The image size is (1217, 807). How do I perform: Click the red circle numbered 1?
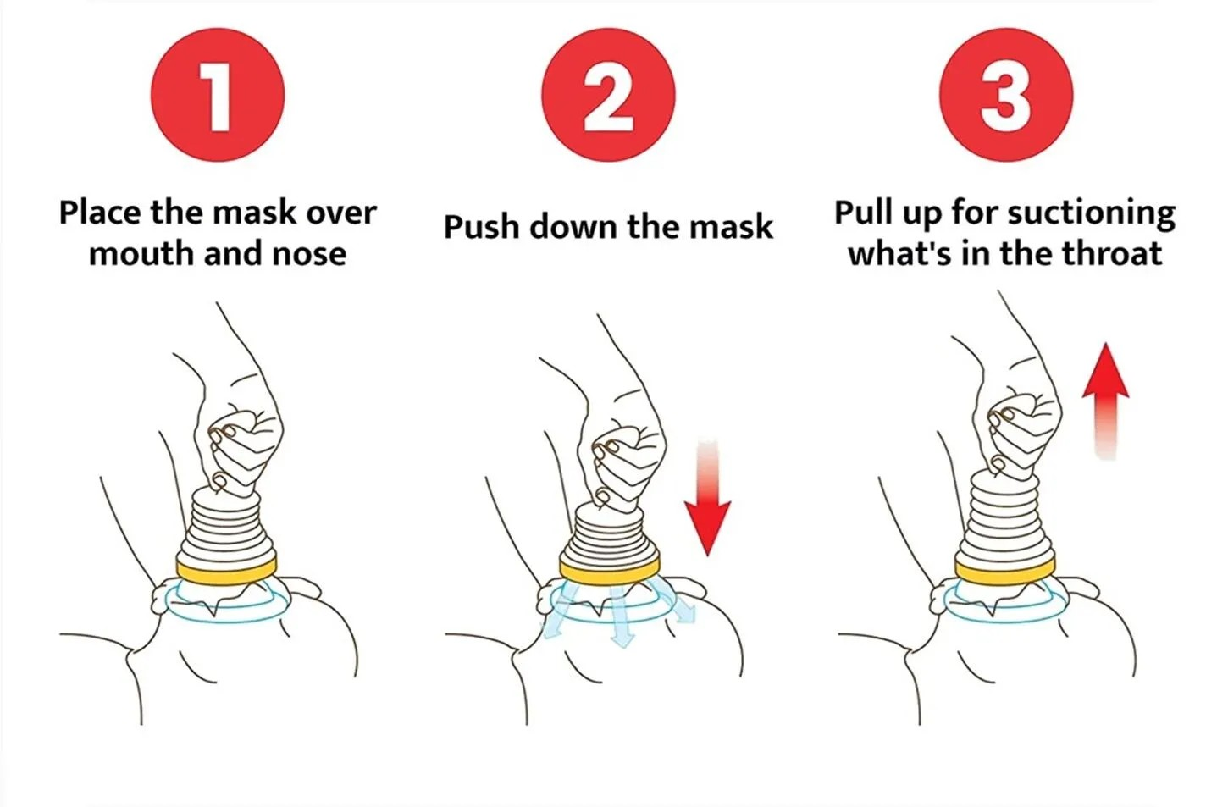(218, 95)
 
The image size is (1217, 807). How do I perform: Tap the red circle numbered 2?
(608, 95)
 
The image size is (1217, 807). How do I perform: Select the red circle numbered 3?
(1006, 95)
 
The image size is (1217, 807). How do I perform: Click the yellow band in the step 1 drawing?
(227, 571)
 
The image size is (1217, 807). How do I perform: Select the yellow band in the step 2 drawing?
(610, 571)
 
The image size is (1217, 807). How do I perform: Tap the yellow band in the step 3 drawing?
(1005, 570)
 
